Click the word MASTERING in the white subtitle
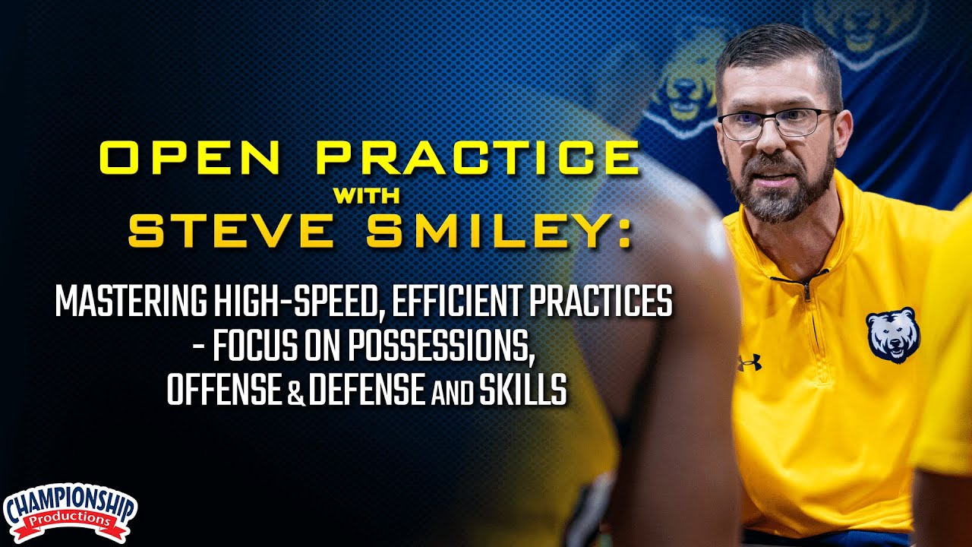pyautogui.click(x=125, y=303)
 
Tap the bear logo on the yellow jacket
pyautogui.click(x=893, y=335)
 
